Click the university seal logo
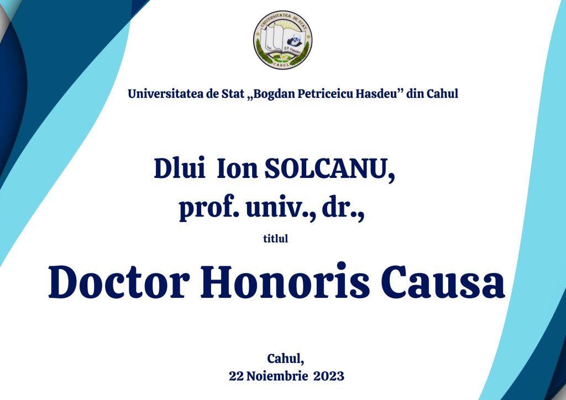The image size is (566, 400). pos(282,40)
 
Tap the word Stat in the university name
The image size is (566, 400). pos(233,94)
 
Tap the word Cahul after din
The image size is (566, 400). pos(443,94)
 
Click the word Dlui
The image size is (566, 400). pos(180,168)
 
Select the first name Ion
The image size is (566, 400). pos(237,169)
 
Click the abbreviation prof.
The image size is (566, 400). pos(209,208)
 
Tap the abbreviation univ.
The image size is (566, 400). pos(281,208)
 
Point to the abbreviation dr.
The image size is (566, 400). pos(343,208)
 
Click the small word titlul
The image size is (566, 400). pos(275,239)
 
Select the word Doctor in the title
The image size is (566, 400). pos(119,282)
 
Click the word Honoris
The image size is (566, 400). pos(285,281)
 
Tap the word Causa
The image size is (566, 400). pos(443,282)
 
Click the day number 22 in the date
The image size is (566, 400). pos(236,376)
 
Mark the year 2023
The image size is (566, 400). pos(329,376)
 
